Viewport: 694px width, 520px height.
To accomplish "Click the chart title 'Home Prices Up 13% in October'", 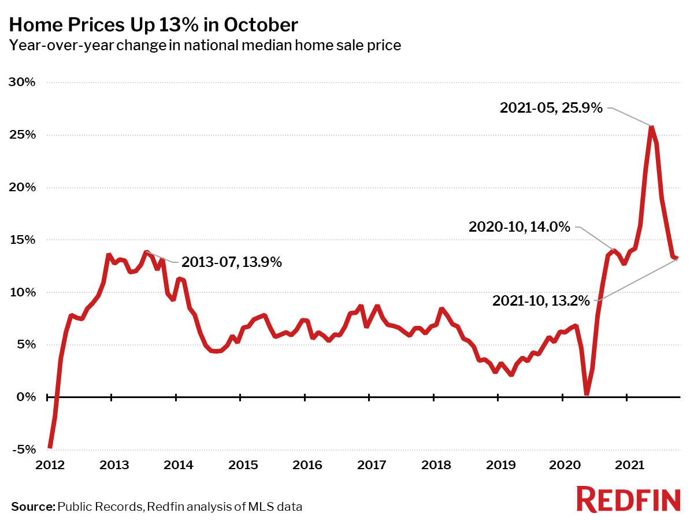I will pyautogui.click(x=154, y=25).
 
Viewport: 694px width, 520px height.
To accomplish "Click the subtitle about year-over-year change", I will pyautogui.click(x=205, y=45).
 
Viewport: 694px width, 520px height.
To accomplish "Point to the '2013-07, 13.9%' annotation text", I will pyautogui.click(x=231, y=262).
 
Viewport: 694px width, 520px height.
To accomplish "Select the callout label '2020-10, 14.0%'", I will pyautogui.click(x=520, y=227).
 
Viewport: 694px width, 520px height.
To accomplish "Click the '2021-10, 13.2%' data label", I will pyautogui.click(x=541, y=300).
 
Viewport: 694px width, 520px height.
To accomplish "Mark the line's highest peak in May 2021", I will pyautogui.click(x=651, y=127).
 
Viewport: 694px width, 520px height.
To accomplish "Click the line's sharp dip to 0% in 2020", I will pyautogui.click(x=587, y=393).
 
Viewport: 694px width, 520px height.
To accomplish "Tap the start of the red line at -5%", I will pyautogui.click(x=50, y=447).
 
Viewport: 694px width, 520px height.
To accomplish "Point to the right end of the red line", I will pyautogui.click(x=677, y=258).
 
